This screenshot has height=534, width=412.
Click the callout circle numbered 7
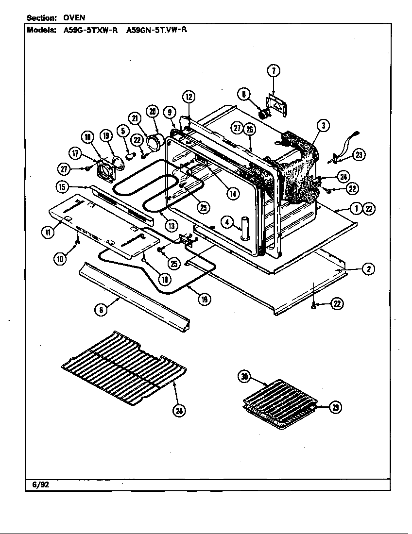point(274,71)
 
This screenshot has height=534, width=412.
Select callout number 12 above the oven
point(189,97)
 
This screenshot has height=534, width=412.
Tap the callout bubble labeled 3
point(322,126)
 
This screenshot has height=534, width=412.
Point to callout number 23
point(360,155)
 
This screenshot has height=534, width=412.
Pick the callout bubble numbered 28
point(179,411)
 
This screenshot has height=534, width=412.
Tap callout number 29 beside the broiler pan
point(335,407)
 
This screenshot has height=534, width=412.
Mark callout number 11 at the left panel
point(47,232)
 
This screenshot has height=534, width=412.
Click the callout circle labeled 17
point(75,152)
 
